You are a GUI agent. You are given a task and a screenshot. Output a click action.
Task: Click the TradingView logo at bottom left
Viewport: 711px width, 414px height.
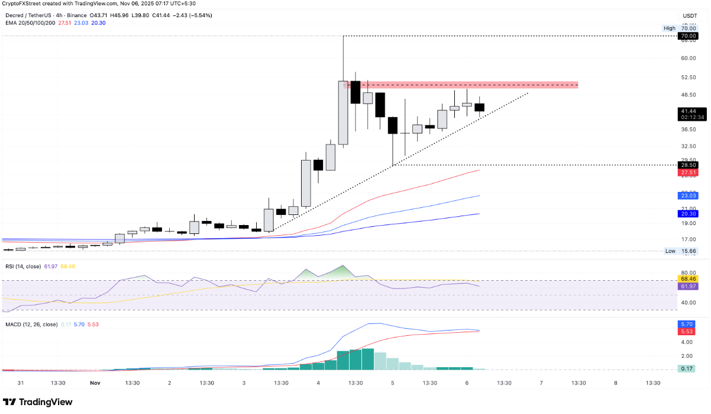(x=38, y=402)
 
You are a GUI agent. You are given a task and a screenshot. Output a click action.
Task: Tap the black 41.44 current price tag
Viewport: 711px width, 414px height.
(x=687, y=111)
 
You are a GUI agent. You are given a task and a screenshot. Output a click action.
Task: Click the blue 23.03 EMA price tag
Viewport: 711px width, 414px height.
(x=687, y=195)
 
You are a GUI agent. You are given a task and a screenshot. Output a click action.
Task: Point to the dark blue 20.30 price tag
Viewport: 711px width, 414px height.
(x=687, y=214)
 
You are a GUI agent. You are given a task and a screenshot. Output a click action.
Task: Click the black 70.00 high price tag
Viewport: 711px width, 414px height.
(x=687, y=36)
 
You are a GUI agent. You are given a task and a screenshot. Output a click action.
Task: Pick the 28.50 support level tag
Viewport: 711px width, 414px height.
(x=687, y=165)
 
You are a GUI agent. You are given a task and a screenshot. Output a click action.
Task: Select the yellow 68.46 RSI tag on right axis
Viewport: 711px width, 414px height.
(x=687, y=279)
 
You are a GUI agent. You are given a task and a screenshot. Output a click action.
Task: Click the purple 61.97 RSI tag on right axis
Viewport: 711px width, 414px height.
(x=687, y=287)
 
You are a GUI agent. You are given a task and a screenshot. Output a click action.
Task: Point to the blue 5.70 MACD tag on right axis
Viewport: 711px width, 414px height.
(x=687, y=325)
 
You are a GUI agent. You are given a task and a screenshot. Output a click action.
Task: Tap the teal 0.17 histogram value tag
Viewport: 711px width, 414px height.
(x=687, y=369)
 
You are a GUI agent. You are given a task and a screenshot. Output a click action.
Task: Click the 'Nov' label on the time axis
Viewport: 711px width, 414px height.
(x=95, y=383)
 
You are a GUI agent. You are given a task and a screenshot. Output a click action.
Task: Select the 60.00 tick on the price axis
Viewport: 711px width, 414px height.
(x=687, y=58)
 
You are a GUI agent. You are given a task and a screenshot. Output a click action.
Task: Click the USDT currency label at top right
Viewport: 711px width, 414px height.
(x=690, y=16)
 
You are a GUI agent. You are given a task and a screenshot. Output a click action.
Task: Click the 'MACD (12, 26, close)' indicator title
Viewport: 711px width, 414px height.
(x=30, y=325)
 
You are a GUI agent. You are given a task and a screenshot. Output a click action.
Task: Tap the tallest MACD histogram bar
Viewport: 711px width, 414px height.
(x=368, y=359)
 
